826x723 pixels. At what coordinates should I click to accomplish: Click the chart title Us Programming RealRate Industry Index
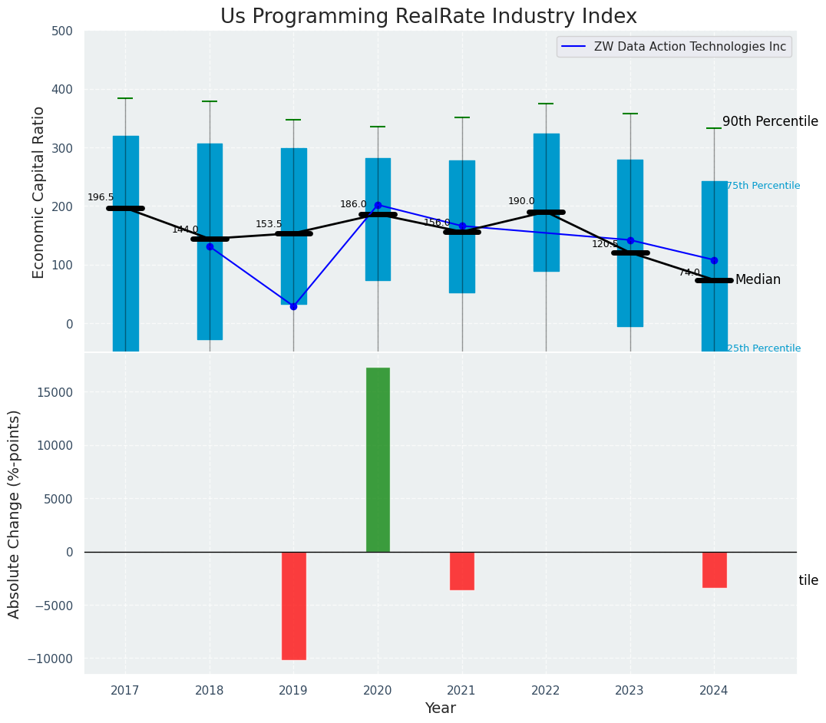tap(428, 17)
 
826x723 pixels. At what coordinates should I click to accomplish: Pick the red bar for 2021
tap(462, 570)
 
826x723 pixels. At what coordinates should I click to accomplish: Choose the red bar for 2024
tap(714, 569)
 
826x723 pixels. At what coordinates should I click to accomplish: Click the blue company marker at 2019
tap(293, 306)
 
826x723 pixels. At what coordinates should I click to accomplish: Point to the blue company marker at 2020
tap(378, 205)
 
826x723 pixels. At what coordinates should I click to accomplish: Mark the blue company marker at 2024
tap(714, 260)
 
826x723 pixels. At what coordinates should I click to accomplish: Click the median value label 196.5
tap(101, 197)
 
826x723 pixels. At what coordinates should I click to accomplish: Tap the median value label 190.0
tap(521, 201)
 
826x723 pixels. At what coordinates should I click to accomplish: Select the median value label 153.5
tap(269, 224)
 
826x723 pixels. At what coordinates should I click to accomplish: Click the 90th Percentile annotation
tap(770, 121)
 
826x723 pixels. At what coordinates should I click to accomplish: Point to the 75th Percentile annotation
tap(763, 186)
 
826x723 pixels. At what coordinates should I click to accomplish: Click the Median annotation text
tap(758, 279)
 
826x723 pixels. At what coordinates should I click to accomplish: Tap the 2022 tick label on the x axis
tap(546, 691)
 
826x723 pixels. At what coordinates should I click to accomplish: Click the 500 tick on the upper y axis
tap(62, 31)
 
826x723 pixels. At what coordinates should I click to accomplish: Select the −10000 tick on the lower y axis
tap(51, 659)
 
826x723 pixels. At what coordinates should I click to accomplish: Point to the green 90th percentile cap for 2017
tap(125, 98)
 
